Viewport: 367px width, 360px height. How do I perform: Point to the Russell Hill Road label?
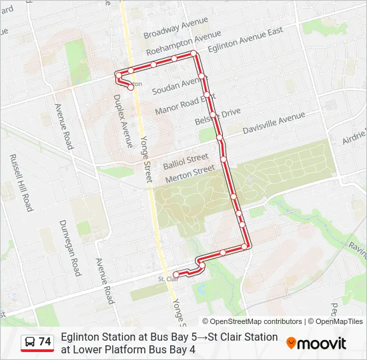(x=21, y=183)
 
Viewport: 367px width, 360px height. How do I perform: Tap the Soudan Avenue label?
(x=175, y=85)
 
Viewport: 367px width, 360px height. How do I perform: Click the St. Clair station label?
(x=167, y=279)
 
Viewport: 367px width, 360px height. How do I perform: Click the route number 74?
(x=45, y=342)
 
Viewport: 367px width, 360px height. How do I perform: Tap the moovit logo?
(x=316, y=343)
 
